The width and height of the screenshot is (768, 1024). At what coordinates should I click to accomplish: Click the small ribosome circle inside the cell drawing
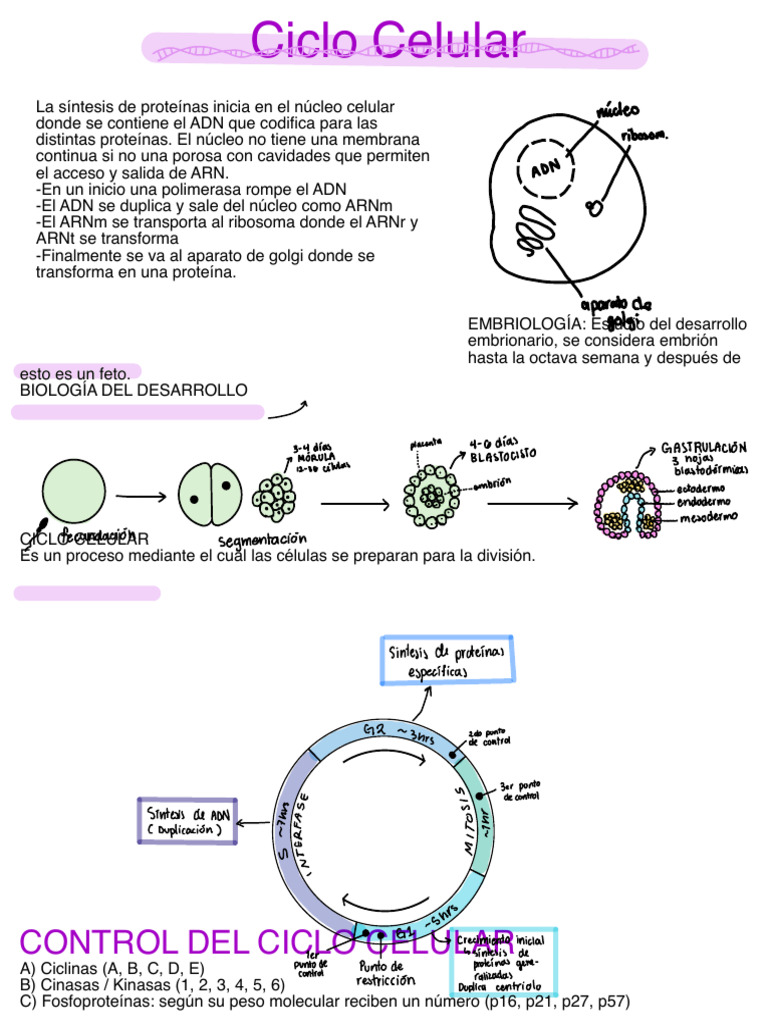(594, 208)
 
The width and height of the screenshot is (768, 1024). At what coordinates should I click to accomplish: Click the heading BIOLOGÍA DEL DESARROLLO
(134, 389)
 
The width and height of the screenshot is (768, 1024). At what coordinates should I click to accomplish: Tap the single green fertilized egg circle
(74, 494)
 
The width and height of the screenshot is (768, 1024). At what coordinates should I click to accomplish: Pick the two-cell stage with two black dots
(210, 495)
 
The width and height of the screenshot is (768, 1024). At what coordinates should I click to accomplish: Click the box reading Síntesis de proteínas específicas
(447, 660)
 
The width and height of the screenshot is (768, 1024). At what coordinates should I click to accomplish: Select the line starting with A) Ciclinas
(111, 969)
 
